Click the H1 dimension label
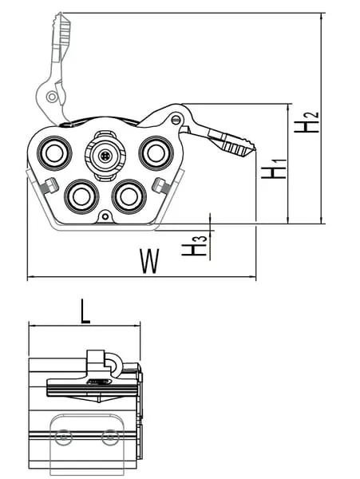(274, 168)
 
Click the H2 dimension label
(307, 122)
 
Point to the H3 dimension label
(194, 246)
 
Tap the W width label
(149, 260)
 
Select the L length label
(85, 311)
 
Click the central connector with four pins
(105, 156)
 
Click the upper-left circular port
(54, 152)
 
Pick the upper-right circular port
(156, 153)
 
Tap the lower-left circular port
(81, 196)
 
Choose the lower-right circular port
(129, 196)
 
